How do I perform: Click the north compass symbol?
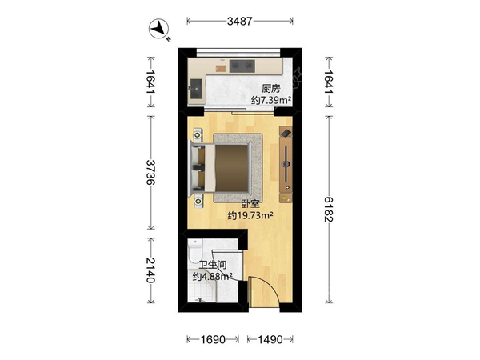159,29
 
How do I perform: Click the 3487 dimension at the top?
240,21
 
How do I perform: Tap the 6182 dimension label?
329,209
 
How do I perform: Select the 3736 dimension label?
150,172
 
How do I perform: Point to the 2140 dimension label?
150,270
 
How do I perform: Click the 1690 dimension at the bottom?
213,339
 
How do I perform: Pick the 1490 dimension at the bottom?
270,339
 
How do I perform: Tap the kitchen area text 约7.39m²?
271,100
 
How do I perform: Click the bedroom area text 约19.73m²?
250,216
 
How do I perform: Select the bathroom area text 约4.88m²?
213,277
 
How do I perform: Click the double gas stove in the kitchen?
242,66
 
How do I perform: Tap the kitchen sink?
196,89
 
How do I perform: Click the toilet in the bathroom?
195,252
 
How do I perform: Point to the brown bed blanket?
231,168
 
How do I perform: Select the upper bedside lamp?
198,134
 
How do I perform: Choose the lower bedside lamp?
198,202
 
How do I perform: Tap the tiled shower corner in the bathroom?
202,286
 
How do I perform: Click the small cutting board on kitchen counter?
220,69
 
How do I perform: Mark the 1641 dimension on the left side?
150,82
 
